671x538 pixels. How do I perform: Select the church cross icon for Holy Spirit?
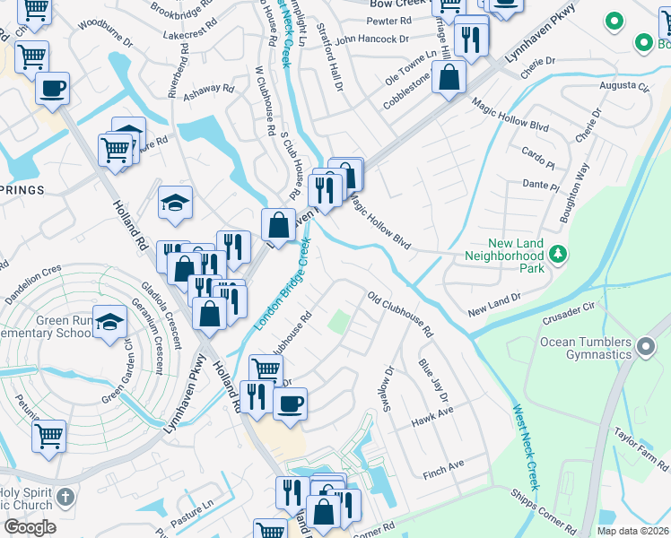[64, 497]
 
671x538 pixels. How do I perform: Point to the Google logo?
[30, 527]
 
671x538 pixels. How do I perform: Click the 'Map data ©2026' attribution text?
[632, 531]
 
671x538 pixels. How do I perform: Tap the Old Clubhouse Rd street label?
[400, 314]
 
